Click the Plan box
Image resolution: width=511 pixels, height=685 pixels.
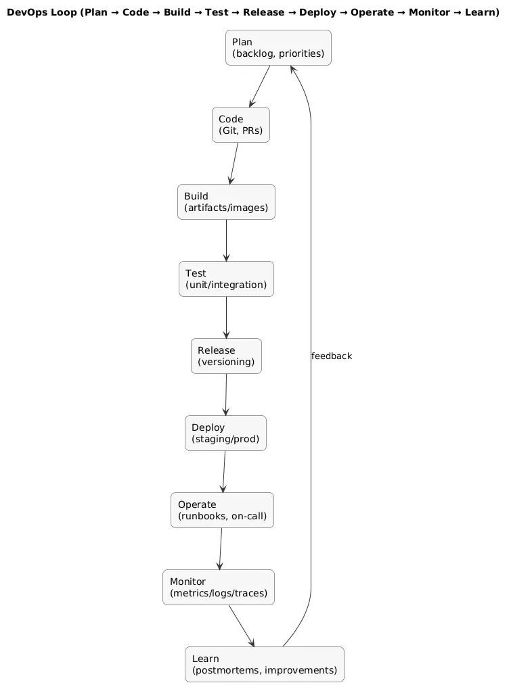click(278, 48)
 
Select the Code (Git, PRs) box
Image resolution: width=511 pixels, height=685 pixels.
click(240, 125)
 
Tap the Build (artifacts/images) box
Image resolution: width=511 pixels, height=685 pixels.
click(226, 202)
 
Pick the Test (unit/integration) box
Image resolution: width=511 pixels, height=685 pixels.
click(226, 279)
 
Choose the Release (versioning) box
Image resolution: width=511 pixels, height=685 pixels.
click(226, 356)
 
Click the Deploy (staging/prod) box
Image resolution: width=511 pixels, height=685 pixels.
click(225, 433)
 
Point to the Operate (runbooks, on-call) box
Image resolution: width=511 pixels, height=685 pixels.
click(222, 510)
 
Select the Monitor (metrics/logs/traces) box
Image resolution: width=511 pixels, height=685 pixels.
click(219, 587)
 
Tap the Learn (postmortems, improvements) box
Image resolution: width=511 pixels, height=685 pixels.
click(264, 664)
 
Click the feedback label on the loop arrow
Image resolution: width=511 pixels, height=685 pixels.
click(332, 356)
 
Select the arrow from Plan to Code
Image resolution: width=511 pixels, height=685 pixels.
click(261, 86)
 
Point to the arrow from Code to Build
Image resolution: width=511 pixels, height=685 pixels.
click(235, 163)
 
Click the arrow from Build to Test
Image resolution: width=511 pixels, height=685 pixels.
click(226, 240)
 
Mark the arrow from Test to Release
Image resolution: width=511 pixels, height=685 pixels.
click(226, 317)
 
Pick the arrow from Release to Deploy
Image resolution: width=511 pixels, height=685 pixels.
click(225, 394)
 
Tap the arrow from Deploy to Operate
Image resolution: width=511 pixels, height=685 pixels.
click(223, 471)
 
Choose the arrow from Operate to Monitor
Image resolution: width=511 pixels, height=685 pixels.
click(221, 548)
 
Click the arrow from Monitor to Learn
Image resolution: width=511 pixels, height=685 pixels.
click(241, 625)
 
